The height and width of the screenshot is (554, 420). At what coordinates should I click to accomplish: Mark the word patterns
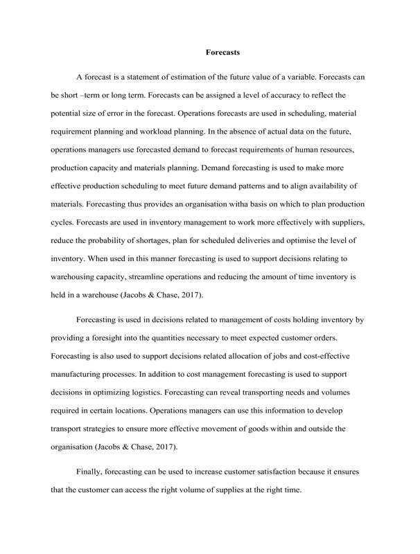(250, 168)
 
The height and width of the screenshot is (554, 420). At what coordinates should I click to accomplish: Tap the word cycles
(63, 206)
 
